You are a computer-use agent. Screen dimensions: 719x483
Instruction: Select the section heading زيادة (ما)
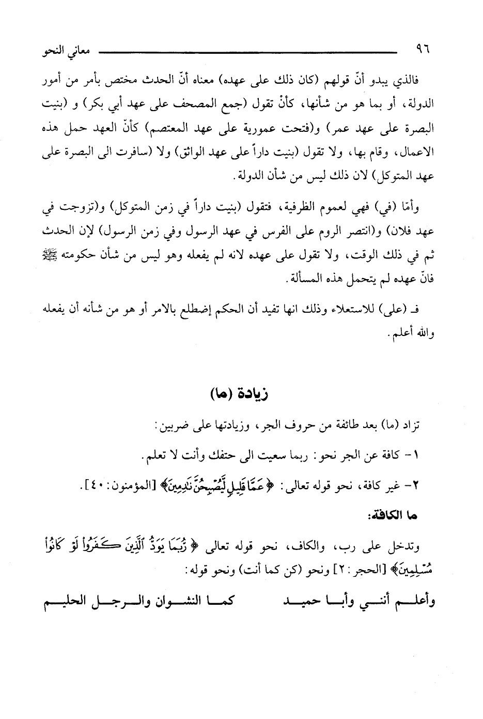coord(241,394)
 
